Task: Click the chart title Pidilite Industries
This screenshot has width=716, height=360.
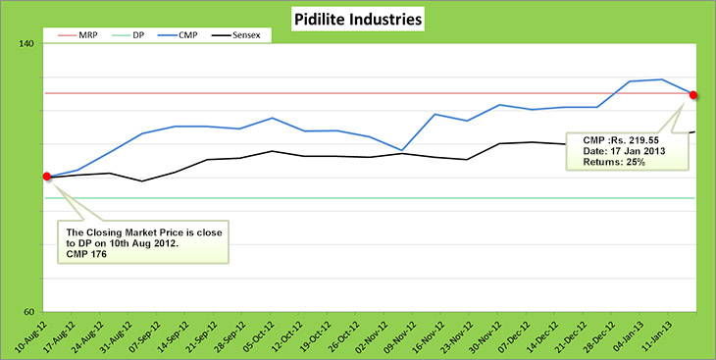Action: click(358, 19)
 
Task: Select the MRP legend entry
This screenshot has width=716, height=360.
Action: click(81, 35)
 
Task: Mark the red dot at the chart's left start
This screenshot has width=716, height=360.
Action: click(47, 177)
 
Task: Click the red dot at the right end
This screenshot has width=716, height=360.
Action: click(693, 95)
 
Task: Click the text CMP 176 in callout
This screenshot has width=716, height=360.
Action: click(86, 255)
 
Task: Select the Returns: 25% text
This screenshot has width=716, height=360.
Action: click(613, 161)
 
